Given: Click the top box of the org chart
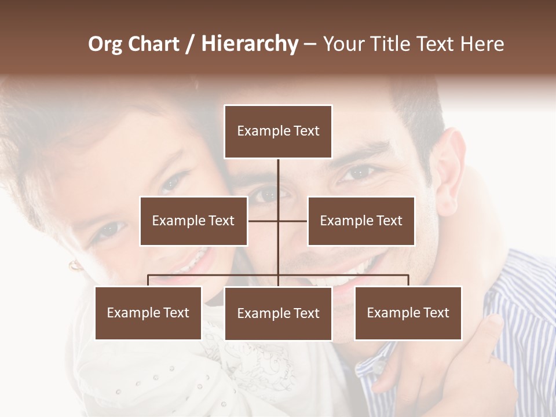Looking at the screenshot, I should (278, 131).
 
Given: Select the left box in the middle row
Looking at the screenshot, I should (193, 221).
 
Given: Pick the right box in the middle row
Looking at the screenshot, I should (361, 221).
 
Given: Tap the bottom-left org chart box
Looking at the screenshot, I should (148, 313).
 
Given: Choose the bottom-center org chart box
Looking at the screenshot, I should (278, 313).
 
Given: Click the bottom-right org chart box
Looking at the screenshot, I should (408, 313).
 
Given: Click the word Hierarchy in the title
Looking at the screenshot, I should (250, 44).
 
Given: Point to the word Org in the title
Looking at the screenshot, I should (106, 44).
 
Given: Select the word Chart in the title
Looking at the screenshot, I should (153, 44).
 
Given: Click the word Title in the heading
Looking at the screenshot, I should (391, 44).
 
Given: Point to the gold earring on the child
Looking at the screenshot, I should (75, 266).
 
